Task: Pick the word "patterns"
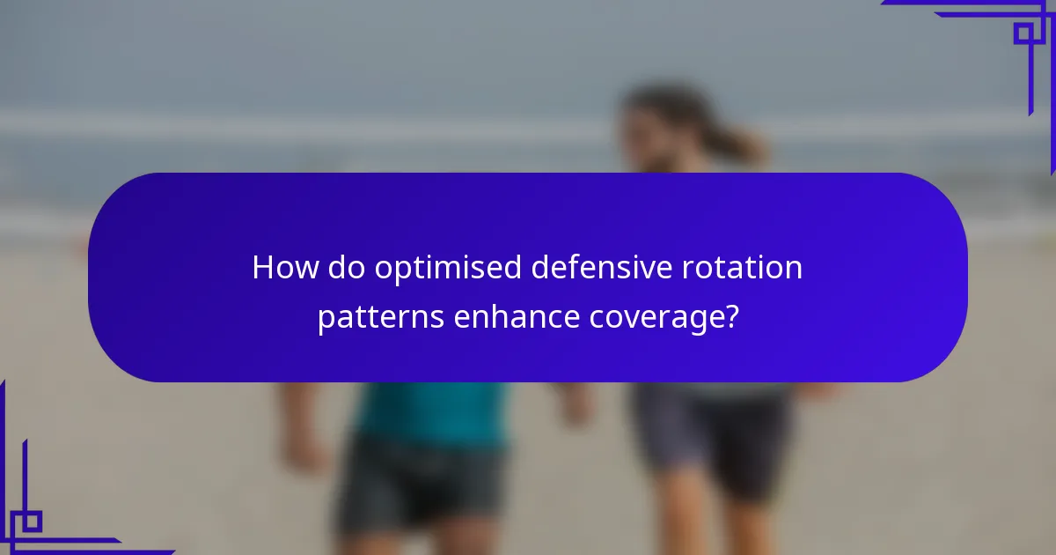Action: coord(380,318)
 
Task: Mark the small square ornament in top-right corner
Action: coord(1023,33)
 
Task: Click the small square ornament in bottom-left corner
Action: coord(33,521)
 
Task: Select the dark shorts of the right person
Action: coord(713,432)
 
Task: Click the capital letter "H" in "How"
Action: coord(262,268)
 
